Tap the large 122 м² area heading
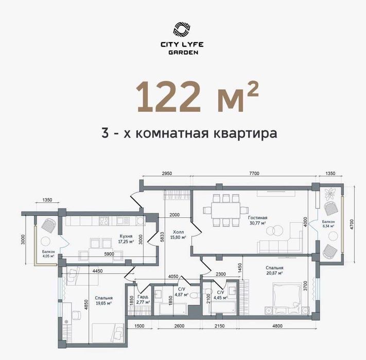(197, 97)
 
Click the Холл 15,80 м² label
(179, 234)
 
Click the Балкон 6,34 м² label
(328, 224)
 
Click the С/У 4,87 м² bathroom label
(180, 293)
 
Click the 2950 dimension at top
(166, 174)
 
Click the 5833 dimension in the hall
(161, 235)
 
